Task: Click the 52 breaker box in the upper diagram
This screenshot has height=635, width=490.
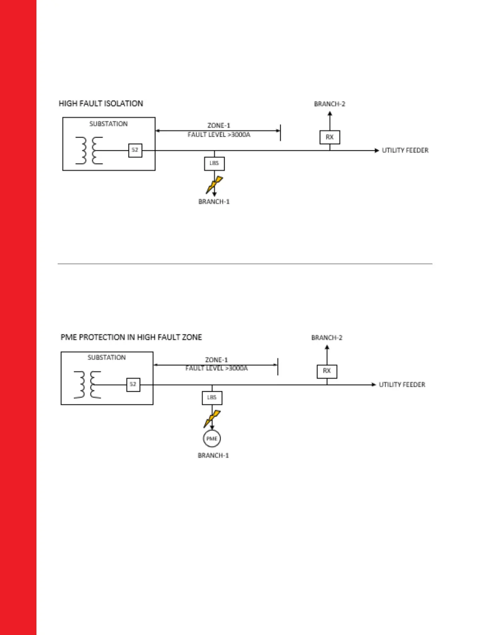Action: click(x=135, y=150)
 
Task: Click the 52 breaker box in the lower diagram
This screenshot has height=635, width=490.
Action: click(x=133, y=384)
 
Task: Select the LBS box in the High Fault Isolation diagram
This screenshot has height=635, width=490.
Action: click(x=214, y=164)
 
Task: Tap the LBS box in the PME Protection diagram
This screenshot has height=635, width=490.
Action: click(x=212, y=398)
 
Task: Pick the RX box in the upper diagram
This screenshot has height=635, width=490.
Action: click(x=329, y=137)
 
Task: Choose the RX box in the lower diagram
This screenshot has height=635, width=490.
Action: click(x=327, y=371)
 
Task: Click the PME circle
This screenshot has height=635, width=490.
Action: click(x=212, y=439)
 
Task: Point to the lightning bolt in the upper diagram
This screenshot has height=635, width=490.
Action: click(x=214, y=184)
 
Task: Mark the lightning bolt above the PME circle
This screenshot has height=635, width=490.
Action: click(x=212, y=418)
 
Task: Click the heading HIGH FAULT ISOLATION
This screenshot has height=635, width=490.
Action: click(x=101, y=103)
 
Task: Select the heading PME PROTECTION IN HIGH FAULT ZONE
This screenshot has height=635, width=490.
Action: click(x=131, y=338)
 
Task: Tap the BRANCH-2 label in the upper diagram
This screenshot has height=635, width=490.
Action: click(x=329, y=104)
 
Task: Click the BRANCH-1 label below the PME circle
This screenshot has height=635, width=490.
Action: click(x=213, y=456)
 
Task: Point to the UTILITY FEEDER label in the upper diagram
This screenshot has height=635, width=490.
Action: click(x=405, y=150)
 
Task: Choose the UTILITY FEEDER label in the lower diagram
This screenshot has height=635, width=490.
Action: click(x=402, y=385)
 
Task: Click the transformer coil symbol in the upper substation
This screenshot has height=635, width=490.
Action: click(x=89, y=150)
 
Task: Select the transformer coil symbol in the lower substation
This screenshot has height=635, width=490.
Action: click(x=88, y=385)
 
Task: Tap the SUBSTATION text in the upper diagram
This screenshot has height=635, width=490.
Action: click(x=108, y=124)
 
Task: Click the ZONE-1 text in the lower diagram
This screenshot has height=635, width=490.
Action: click(x=216, y=360)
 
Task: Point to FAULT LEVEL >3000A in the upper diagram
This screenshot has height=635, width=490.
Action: click(x=219, y=135)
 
